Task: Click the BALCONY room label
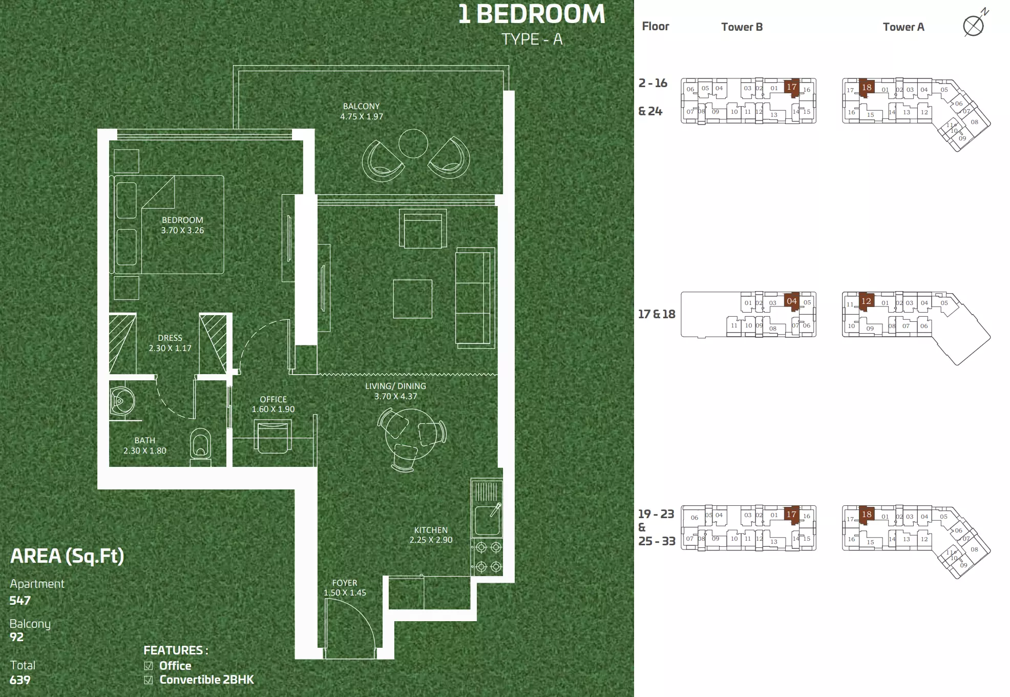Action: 362,107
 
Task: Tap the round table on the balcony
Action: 413,143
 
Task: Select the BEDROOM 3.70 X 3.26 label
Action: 182,225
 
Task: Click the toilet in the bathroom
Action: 200,446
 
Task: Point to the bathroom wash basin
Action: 122,401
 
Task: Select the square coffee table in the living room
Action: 412,299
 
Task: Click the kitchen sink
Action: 487,520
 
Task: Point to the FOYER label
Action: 345,583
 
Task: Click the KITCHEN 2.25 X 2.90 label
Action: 431,535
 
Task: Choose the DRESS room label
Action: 170,338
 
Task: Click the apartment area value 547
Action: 20,601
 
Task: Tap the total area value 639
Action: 20,680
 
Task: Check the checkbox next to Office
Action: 149,666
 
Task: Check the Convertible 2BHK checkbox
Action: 149,680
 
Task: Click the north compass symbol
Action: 974,24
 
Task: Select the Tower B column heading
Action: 742,27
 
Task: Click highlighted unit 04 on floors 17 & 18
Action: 792,301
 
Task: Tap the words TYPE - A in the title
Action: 532,39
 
